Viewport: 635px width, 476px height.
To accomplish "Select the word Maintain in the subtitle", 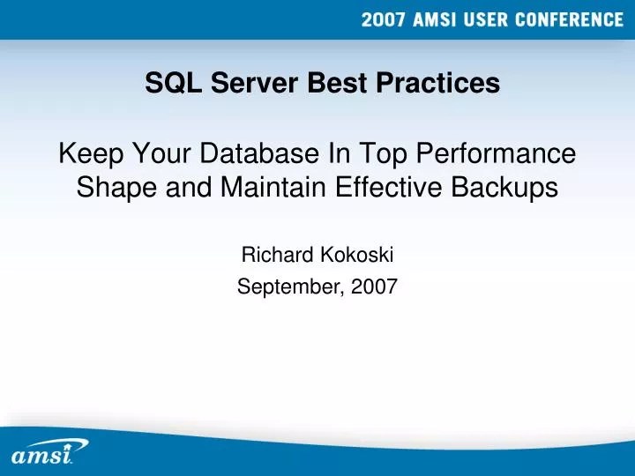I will (x=253, y=187).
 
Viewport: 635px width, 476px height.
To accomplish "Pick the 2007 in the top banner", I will (x=386, y=21).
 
